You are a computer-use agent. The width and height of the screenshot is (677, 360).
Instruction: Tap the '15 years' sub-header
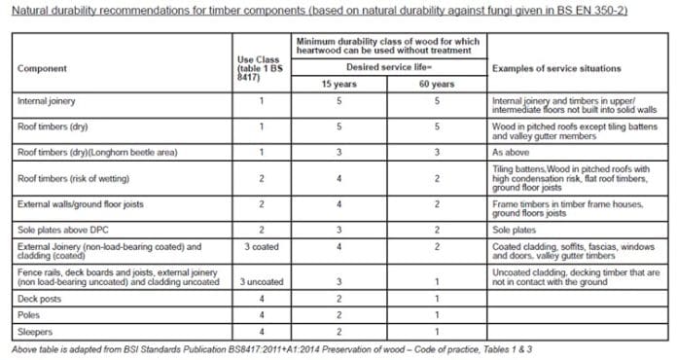coord(339,84)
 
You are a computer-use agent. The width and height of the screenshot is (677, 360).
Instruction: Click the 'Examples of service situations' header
coord(556,69)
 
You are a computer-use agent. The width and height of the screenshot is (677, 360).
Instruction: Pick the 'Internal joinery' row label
coord(48,100)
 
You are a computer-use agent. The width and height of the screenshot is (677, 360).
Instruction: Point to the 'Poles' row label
coord(31,315)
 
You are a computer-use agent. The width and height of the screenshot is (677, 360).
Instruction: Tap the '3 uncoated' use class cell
coord(261,281)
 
